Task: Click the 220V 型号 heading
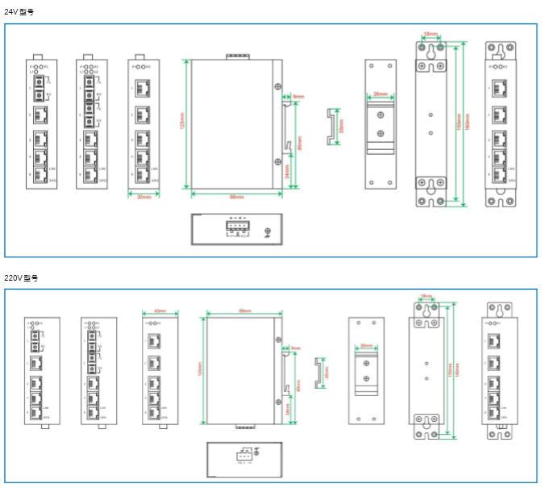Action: coord(20,277)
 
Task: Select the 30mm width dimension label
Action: coord(144,197)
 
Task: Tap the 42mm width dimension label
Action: coord(160,311)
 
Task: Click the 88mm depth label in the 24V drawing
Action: coord(237,197)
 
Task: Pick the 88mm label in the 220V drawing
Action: coord(244,311)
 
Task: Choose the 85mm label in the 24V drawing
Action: coord(301,142)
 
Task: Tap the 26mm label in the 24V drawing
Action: coord(379,94)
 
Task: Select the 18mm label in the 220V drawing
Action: coord(425,296)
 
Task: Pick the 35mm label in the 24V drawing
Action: coord(341,128)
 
